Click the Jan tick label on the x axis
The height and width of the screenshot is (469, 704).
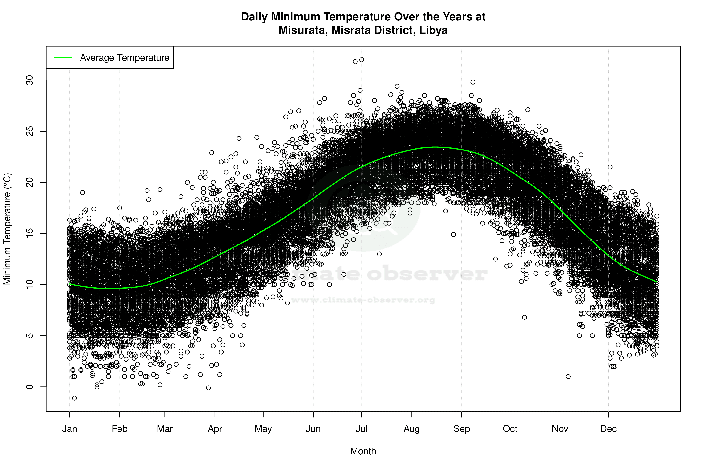coord(69,429)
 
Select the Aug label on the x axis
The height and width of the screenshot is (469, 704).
coord(411,429)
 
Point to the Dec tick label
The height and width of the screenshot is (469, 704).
coord(608,429)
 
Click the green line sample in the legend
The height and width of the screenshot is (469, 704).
coord(63,57)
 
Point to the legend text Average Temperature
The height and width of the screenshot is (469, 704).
coord(124,57)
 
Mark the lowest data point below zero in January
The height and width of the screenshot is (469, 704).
coord(75,398)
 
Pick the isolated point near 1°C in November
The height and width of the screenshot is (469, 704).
coord(568,377)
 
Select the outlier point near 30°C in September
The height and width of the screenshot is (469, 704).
coord(473,82)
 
